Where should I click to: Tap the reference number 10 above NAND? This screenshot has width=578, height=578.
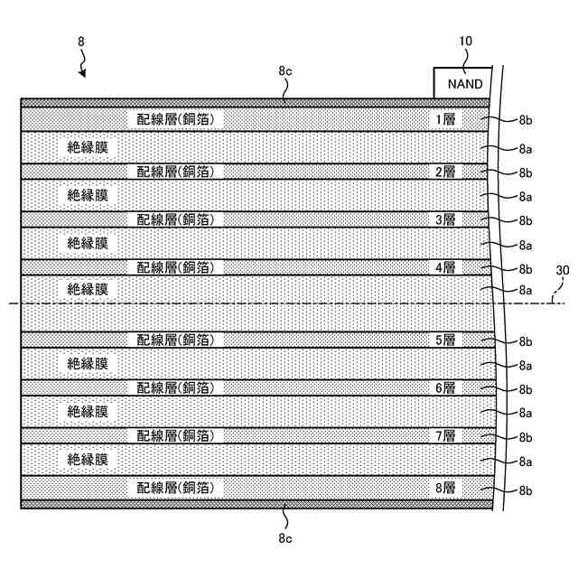click(x=465, y=41)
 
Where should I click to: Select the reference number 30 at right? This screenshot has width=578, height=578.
click(x=562, y=270)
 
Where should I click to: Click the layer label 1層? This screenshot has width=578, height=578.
click(x=446, y=118)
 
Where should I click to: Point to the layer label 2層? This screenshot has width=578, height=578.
click(x=446, y=171)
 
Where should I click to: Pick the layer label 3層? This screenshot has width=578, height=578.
click(x=446, y=219)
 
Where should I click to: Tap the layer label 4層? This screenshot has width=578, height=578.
click(x=446, y=267)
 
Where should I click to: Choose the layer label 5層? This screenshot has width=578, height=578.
click(x=446, y=340)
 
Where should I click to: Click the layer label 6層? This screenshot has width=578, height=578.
click(x=446, y=387)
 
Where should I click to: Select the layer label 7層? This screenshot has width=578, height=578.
click(x=446, y=436)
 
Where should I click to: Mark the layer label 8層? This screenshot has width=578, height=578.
click(x=446, y=488)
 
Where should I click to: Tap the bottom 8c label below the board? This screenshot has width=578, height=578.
click(x=284, y=539)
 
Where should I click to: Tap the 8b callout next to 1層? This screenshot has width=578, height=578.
click(x=526, y=119)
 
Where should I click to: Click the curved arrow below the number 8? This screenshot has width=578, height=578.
click(x=83, y=65)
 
